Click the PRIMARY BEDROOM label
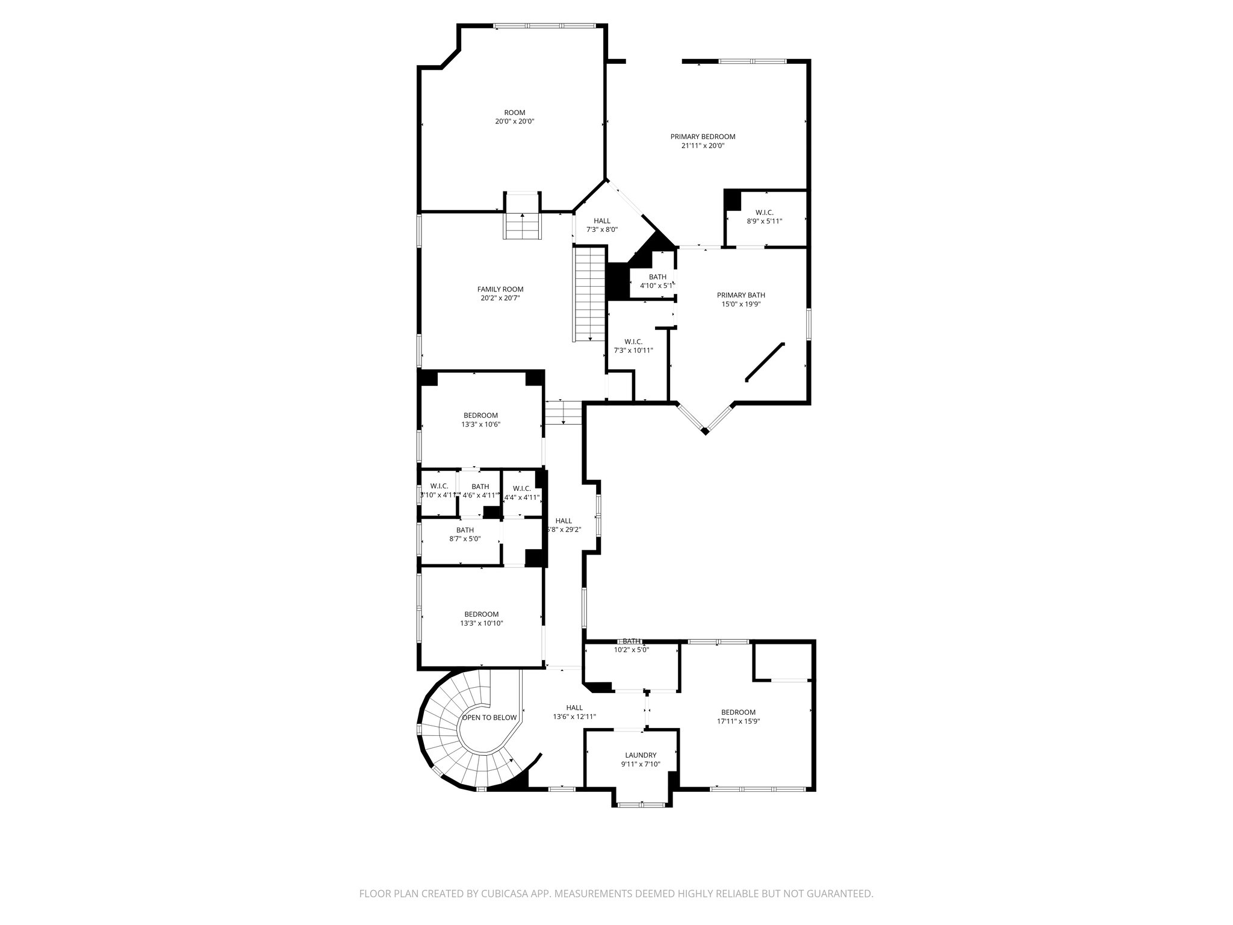click(x=703, y=137)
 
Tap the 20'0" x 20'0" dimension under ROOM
click(x=514, y=121)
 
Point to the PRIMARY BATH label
click(x=741, y=295)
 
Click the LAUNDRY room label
click(x=641, y=755)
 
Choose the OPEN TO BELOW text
click(x=489, y=717)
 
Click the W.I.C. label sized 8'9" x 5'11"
click(x=765, y=212)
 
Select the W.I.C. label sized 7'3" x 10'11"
click(x=633, y=341)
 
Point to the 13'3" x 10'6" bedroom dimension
click(x=480, y=424)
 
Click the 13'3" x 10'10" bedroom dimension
click(x=481, y=623)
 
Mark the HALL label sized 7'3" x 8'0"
click(x=601, y=221)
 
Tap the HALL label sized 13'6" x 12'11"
click(x=574, y=708)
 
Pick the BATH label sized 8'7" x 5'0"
click(x=465, y=530)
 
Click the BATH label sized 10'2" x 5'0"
click(x=632, y=641)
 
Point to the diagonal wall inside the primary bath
click(x=765, y=362)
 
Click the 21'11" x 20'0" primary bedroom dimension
click(x=703, y=145)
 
